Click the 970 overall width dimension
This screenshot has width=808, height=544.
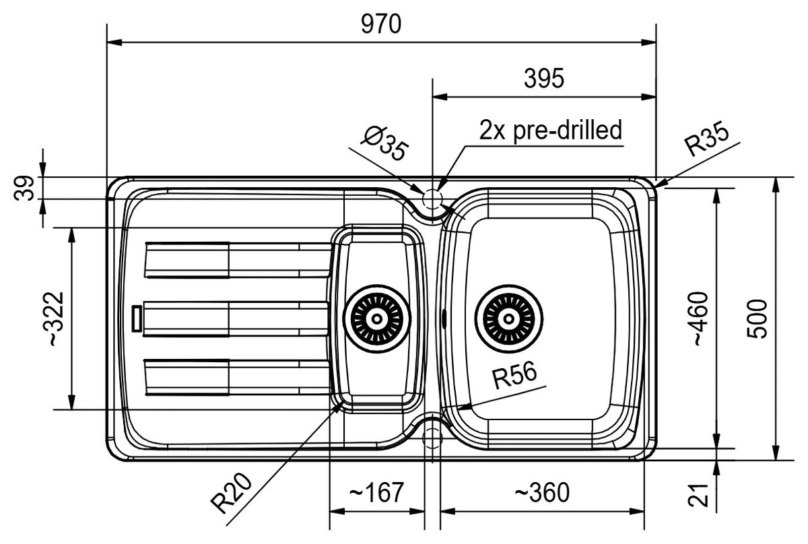click(381, 24)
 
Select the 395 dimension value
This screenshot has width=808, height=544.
click(544, 79)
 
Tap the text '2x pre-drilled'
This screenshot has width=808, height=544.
click(551, 131)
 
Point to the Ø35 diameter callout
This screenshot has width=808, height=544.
click(386, 143)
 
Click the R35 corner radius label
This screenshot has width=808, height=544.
click(706, 139)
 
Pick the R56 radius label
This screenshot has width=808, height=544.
click(514, 376)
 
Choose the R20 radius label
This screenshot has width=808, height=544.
click(231, 492)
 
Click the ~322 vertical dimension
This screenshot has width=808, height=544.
click(54, 319)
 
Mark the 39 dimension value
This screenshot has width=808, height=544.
click(24, 188)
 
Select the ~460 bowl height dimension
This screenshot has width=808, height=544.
click(701, 319)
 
